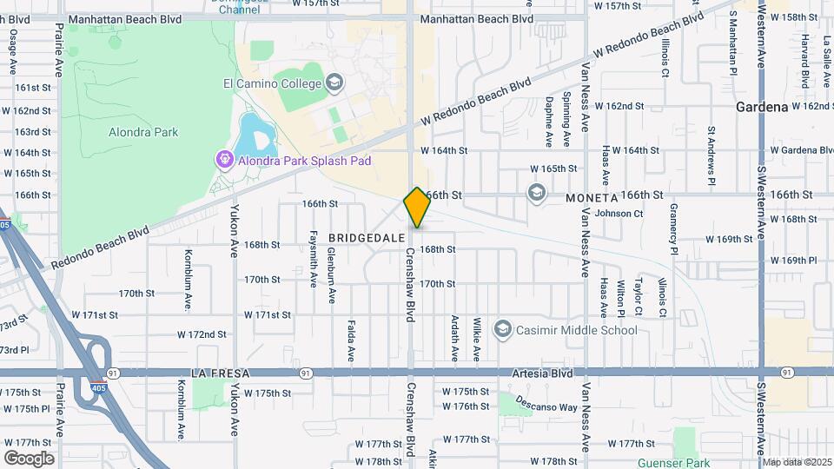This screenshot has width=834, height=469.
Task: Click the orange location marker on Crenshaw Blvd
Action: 417,208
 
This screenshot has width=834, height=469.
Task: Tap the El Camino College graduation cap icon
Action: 334,83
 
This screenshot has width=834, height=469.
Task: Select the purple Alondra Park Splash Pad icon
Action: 223,161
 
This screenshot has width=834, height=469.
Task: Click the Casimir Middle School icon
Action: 502,329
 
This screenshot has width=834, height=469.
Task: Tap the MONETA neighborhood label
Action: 592,198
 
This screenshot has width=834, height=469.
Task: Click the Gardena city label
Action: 761,107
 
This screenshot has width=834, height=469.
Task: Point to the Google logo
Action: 29,458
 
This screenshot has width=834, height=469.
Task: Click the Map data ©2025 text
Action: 798,462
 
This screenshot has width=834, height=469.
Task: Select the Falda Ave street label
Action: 352,341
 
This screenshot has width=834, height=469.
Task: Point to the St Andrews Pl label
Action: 711,156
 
